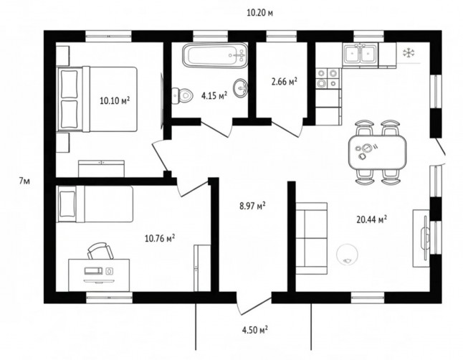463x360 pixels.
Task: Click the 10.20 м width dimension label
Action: point(260,13)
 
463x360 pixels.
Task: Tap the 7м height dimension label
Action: point(24,181)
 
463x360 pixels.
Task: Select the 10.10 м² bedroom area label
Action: point(115,100)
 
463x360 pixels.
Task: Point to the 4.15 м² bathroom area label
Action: point(214,95)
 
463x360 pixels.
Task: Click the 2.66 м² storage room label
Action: point(284,81)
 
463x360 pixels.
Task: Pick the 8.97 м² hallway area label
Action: point(252,205)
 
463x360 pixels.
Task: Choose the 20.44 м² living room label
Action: point(372,219)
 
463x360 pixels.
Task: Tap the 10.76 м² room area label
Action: point(160,238)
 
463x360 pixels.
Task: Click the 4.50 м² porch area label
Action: point(255,329)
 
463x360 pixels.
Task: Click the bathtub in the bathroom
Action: point(215,55)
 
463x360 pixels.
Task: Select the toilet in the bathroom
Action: point(182,95)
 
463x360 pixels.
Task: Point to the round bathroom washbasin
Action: point(240,87)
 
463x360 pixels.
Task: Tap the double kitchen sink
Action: point(360,54)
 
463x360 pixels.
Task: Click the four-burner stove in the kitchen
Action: point(328,78)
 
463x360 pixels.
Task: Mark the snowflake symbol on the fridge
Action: point(409,54)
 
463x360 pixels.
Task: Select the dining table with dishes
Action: point(378,152)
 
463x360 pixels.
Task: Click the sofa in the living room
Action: point(311,238)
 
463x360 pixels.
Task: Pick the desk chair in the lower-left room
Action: point(100,251)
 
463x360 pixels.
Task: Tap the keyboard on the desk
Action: point(94,271)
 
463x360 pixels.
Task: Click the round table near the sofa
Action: point(347,255)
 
